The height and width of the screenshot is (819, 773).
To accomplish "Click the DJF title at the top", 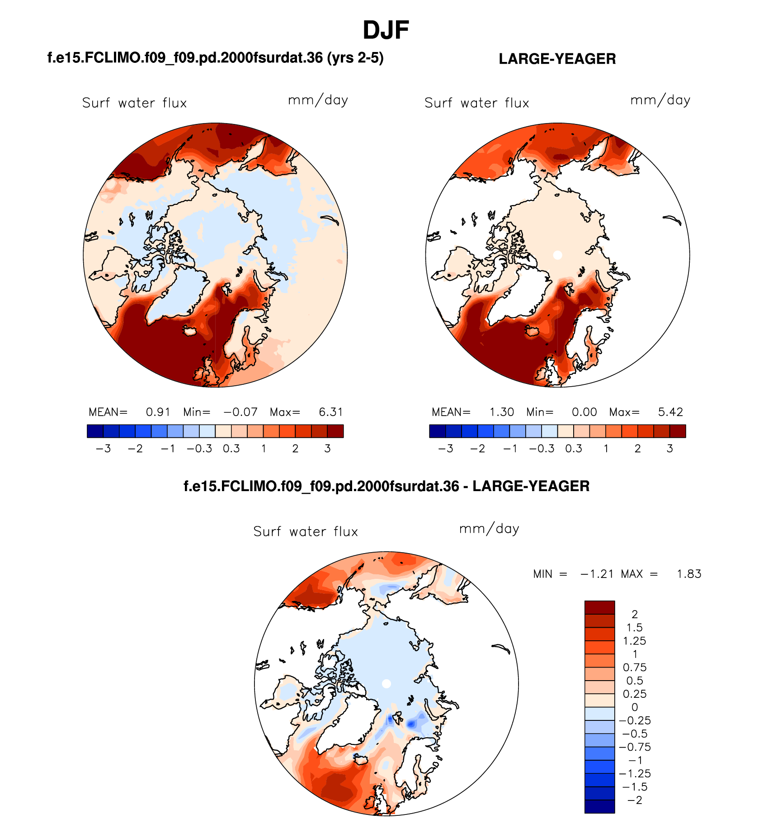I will (x=386, y=30).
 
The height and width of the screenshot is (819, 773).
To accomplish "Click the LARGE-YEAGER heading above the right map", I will (x=557, y=59).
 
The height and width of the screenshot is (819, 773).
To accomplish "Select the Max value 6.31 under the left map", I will (x=331, y=412).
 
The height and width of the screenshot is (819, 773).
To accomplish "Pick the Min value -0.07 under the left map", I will (x=240, y=412).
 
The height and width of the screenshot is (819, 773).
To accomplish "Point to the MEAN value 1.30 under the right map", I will (x=502, y=412).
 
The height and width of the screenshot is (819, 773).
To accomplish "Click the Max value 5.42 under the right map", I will (x=670, y=412).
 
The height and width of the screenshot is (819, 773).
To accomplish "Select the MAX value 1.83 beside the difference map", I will (x=689, y=574).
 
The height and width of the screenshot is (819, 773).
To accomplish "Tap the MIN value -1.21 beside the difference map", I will (x=597, y=574).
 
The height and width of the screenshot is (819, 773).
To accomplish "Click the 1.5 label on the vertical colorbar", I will (x=634, y=627).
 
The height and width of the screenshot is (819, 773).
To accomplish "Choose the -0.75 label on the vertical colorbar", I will (x=635, y=747).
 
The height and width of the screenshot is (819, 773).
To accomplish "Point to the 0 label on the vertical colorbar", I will (x=635, y=707).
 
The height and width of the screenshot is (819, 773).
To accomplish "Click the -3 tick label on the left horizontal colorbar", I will (x=104, y=449).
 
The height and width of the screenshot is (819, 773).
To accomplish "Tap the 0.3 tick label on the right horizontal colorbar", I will (x=574, y=449).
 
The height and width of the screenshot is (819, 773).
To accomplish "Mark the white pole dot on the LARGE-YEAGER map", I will (x=558, y=255).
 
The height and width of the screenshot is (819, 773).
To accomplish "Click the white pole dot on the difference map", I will (x=386, y=683).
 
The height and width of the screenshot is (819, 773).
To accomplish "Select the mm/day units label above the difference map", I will (x=489, y=529).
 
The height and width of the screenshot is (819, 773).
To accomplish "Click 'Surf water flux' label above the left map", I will (x=134, y=103).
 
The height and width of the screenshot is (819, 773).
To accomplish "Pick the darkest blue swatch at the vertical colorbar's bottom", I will (x=599, y=806).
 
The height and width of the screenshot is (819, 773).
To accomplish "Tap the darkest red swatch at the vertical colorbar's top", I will (x=599, y=607).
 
